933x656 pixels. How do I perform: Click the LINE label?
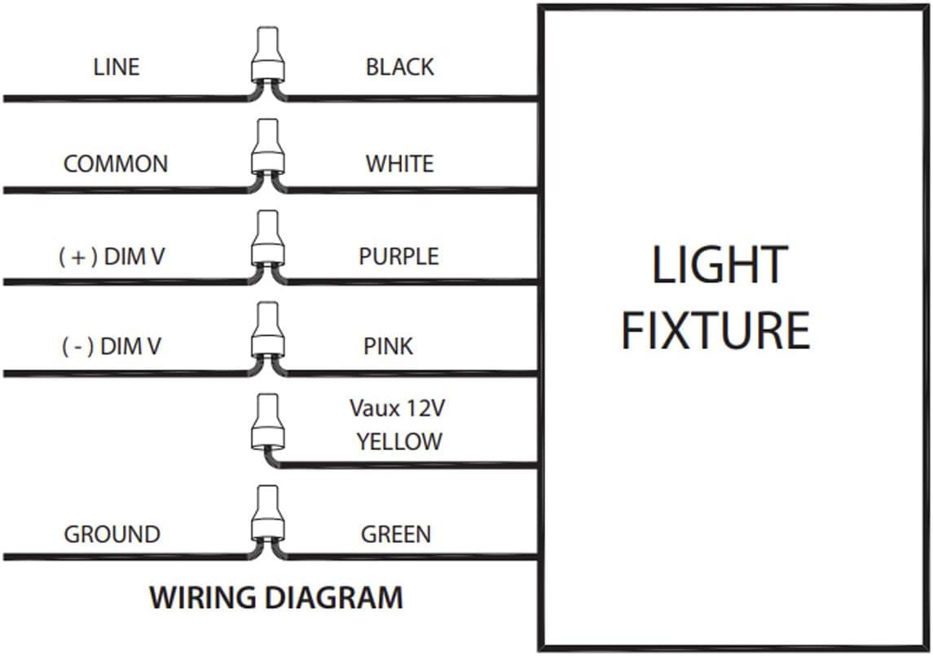point(117,67)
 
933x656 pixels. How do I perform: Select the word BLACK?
point(399,67)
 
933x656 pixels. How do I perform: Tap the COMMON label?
point(116,164)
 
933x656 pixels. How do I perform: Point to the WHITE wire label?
point(399,164)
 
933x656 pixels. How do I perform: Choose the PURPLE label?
point(399,256)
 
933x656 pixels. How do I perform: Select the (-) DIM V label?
point(112,347)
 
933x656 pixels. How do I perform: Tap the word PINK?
point(389,347)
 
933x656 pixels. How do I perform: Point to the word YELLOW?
point(399,442)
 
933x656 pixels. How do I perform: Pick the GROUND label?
point(112,535)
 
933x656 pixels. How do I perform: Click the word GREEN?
point(396,535)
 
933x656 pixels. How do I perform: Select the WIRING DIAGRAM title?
point(276,598)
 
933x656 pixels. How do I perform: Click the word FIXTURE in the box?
point(715,330)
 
